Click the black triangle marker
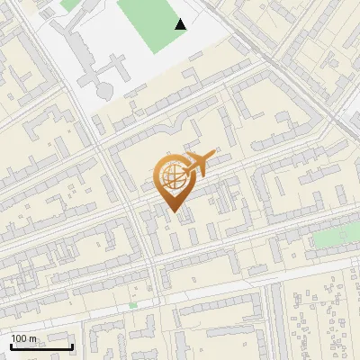[181, 25]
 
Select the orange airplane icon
[199, 162]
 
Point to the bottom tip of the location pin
[175, 213]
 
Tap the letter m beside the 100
[34, 338]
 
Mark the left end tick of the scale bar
[11, 346]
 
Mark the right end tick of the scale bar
[73, 346]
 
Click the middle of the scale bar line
[41, 346]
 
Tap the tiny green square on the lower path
[133, 306]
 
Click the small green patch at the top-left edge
[69, 4]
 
